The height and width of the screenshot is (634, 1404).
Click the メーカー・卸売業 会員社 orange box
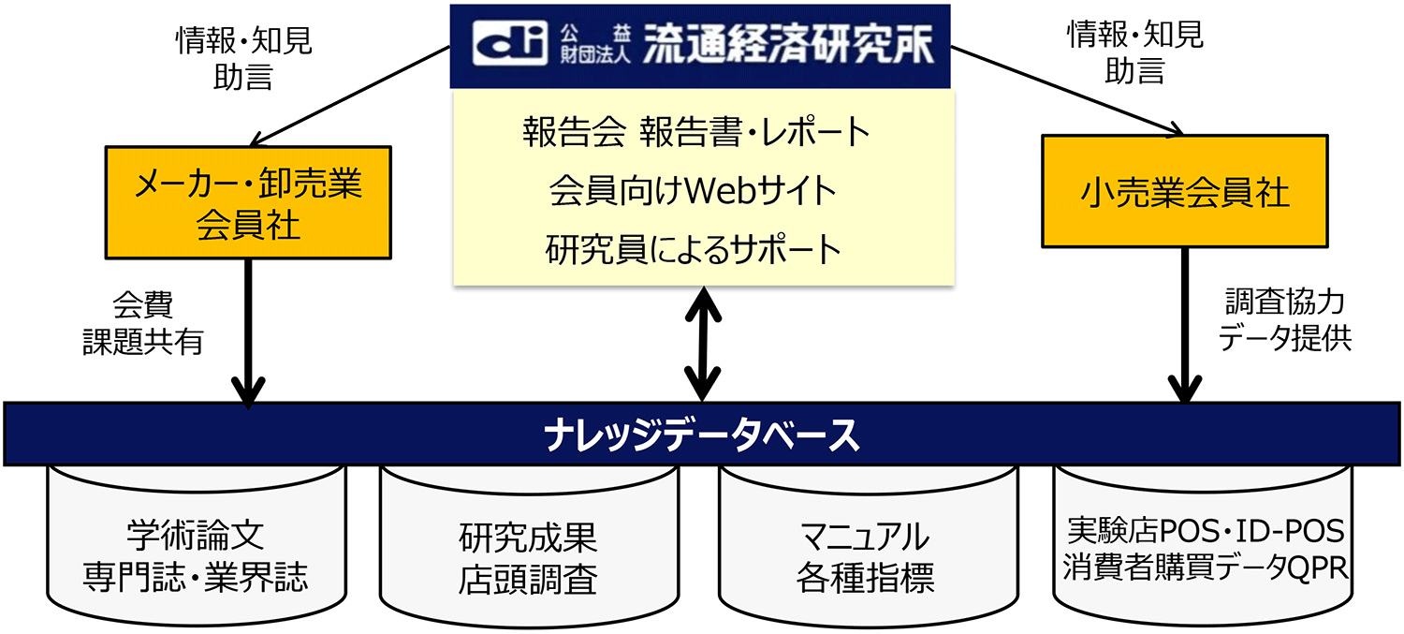248,202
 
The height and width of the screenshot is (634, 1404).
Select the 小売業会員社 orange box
1184,192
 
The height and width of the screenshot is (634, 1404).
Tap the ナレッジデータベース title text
701,435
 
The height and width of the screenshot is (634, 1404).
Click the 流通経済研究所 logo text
787,44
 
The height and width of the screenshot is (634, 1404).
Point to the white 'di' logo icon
509,44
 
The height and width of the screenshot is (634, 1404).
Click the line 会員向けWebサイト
693,191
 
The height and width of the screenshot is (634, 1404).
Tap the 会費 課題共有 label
143,323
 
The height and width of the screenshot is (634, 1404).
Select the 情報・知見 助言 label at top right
1134,54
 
